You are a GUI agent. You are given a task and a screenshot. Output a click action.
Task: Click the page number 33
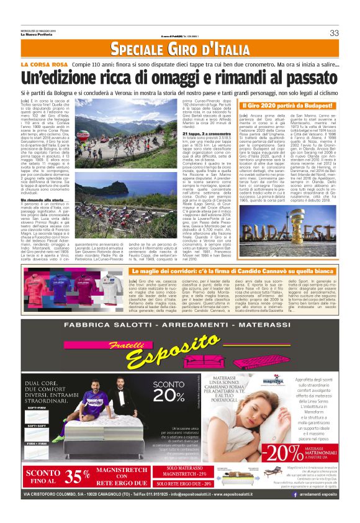[x=334, y=32]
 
